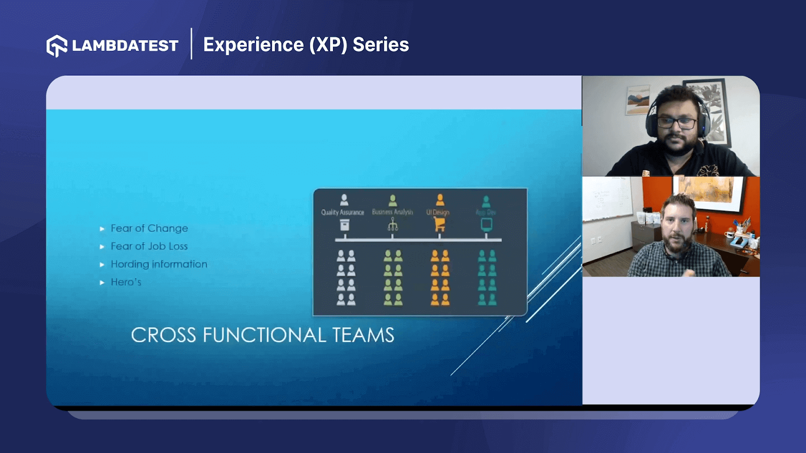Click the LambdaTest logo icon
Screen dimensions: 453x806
[57, 46]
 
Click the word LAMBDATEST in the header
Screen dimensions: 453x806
[125, 46]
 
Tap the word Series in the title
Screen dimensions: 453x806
[381, 45]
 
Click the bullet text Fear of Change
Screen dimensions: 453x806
[149, 229]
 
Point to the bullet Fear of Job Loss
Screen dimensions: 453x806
[149, 246]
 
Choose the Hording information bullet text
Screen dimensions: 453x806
[159, 264]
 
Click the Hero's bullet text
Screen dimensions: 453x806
[126, 282]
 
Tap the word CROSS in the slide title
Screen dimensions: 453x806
[163, 335]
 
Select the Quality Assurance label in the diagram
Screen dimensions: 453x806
[343, 212]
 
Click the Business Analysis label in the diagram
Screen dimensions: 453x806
[392, 212]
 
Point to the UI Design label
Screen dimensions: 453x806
[438, 212]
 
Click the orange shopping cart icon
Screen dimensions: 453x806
[440, 224]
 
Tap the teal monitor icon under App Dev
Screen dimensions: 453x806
[486, 224]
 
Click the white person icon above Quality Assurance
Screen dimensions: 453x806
[344, 200]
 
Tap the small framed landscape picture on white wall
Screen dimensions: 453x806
[638, 100]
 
